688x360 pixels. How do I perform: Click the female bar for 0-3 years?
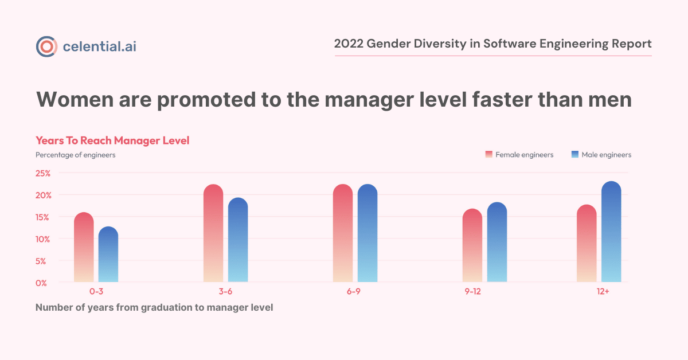pyautogui.click(x=84, y=247)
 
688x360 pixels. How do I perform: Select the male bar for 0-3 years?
pyautogui.click(x=108, y=255)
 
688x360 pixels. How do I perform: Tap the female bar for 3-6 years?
pyautogui.click(x=213, y=233)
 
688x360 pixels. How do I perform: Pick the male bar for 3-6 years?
pyautogui.click(x=238, y=240)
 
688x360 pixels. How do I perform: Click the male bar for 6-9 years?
pyautogui.click(x=368, y=233)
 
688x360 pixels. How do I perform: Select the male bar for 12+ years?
pyautogui.click(x=611, y=232)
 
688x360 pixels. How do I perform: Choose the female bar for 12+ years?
pyautogui.click(x=587, y=244)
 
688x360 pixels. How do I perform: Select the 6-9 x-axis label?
pyautogui.click(x=354, y=292)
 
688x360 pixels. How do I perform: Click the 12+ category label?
pyautogui.click(x=602, y=292)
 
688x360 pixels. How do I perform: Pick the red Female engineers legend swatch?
pyautogui.click(x=488, y=155)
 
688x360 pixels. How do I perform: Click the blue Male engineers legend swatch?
pyautogui.click(x=574, y=155)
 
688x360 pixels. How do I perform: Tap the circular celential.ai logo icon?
pyautogui.click(x=46, y=46)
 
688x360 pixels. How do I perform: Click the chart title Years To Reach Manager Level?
pyautogui.click(x=112, y=140)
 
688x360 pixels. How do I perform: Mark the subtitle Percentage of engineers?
pyautogui.click(x=75, y=155)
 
